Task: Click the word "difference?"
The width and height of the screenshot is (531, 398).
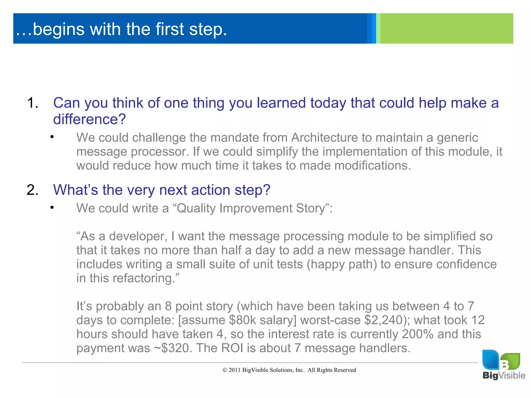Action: click(x=89, y=119)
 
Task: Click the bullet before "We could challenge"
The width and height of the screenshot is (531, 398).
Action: click(x=52, y=137)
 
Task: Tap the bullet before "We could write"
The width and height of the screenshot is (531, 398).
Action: click(x=52, y=208)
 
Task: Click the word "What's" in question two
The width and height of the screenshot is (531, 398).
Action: click(x=75, y=190)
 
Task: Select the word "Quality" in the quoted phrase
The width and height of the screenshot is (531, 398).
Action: click(x=195, y=208)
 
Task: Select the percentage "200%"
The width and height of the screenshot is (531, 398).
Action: click(x=418, y=334)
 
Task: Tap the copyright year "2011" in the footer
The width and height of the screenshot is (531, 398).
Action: click(x=234, y=370)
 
